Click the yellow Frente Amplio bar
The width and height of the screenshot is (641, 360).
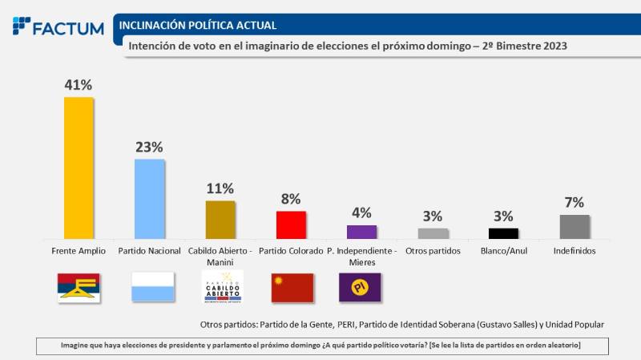point(79,168)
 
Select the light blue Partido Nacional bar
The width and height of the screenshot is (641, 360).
point(150,199)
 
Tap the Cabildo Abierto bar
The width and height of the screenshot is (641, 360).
point(220,220)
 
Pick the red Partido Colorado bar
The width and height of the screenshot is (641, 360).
point(291,224)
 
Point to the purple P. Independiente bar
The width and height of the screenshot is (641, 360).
point(361,232)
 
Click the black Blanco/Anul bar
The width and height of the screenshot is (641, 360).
point(503,233)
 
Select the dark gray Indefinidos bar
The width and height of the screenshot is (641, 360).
point(574,227)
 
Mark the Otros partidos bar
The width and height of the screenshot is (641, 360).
point(433,233)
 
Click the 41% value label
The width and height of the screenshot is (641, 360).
point(79,84)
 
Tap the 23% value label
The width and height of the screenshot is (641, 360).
point(150,147)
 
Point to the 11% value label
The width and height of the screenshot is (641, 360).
point(220,188)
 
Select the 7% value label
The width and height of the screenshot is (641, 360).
point(574,202)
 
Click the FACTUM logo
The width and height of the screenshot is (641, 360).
point(58,26)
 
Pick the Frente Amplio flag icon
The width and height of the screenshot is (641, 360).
point(79,287)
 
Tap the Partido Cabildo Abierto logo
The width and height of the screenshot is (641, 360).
point(221,286)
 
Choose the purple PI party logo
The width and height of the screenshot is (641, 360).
point(361,287)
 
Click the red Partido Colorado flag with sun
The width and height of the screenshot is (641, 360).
point(292,287)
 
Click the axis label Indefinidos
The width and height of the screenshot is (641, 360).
point(574,251)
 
